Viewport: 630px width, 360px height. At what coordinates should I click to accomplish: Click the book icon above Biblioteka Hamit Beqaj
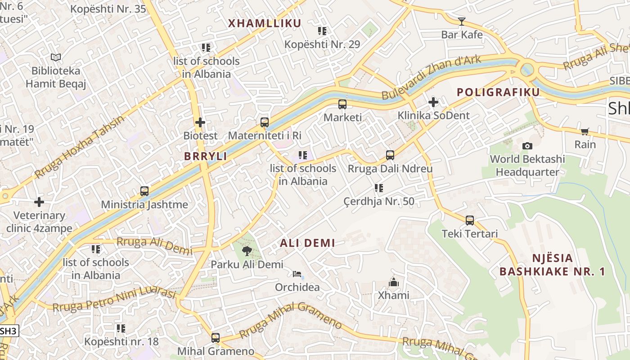[56, 57]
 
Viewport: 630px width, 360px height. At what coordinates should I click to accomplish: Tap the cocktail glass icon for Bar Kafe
[462, 21]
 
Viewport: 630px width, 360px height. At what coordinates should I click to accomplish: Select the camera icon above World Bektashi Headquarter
[527, 146]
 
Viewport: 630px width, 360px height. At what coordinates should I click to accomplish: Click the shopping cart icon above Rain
[585, 131]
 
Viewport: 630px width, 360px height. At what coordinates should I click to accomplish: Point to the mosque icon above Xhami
[394, 282]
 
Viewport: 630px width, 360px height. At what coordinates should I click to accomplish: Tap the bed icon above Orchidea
[297, 274]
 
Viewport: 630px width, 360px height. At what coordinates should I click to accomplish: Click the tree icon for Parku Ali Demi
[247, 251]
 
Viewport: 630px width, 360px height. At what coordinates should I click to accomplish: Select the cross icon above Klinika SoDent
[433, 102]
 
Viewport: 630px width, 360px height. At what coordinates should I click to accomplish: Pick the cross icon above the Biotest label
[200, 122]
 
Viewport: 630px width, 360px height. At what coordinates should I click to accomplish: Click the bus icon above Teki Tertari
[470, 220]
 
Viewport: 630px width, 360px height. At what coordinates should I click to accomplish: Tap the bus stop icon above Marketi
[342, 104]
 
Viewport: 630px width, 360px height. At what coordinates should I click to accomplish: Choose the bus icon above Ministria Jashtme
[144, 191]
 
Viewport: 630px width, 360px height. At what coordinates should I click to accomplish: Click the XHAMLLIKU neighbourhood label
[264, 23]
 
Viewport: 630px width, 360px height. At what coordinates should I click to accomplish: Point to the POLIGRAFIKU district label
[498, 92]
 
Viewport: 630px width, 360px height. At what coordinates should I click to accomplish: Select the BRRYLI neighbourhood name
[205, 156]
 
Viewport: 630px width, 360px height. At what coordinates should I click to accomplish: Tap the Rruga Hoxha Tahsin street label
[79, 146]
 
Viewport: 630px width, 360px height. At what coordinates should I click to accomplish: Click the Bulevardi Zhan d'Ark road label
[431, 77]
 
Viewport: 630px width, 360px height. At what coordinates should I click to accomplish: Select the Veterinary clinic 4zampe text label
[39, 222]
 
